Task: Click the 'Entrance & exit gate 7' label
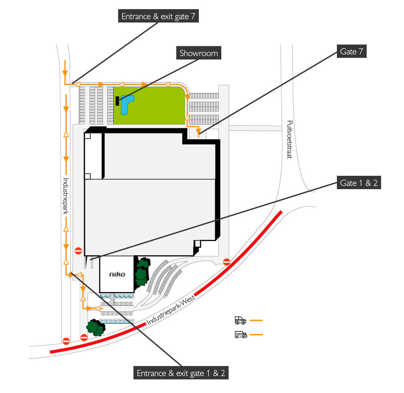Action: coord(158,16)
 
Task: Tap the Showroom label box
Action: coord(198,53)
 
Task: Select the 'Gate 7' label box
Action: coord(351,52)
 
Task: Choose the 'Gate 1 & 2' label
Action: coord(358,183)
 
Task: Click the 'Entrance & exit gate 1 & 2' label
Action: coord(181,373)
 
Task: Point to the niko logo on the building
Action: coord(117,274)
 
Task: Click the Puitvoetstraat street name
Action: coord(289,139)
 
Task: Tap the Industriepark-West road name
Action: coord(171,310)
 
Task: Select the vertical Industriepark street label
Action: coord(66,196)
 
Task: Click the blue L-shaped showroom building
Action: coord(126,104)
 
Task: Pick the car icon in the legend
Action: coord(240,320)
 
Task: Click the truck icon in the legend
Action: coord(241,335)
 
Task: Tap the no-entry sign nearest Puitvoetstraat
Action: coord(227,262)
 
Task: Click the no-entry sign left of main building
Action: coord(78,250)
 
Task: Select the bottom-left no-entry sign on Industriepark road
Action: coord(66,341)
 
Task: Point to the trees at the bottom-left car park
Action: coord(95,327)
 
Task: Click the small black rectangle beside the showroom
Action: coord(117,101)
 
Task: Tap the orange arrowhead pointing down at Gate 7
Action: coord(198,132)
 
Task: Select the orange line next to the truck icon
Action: coord(256,335)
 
